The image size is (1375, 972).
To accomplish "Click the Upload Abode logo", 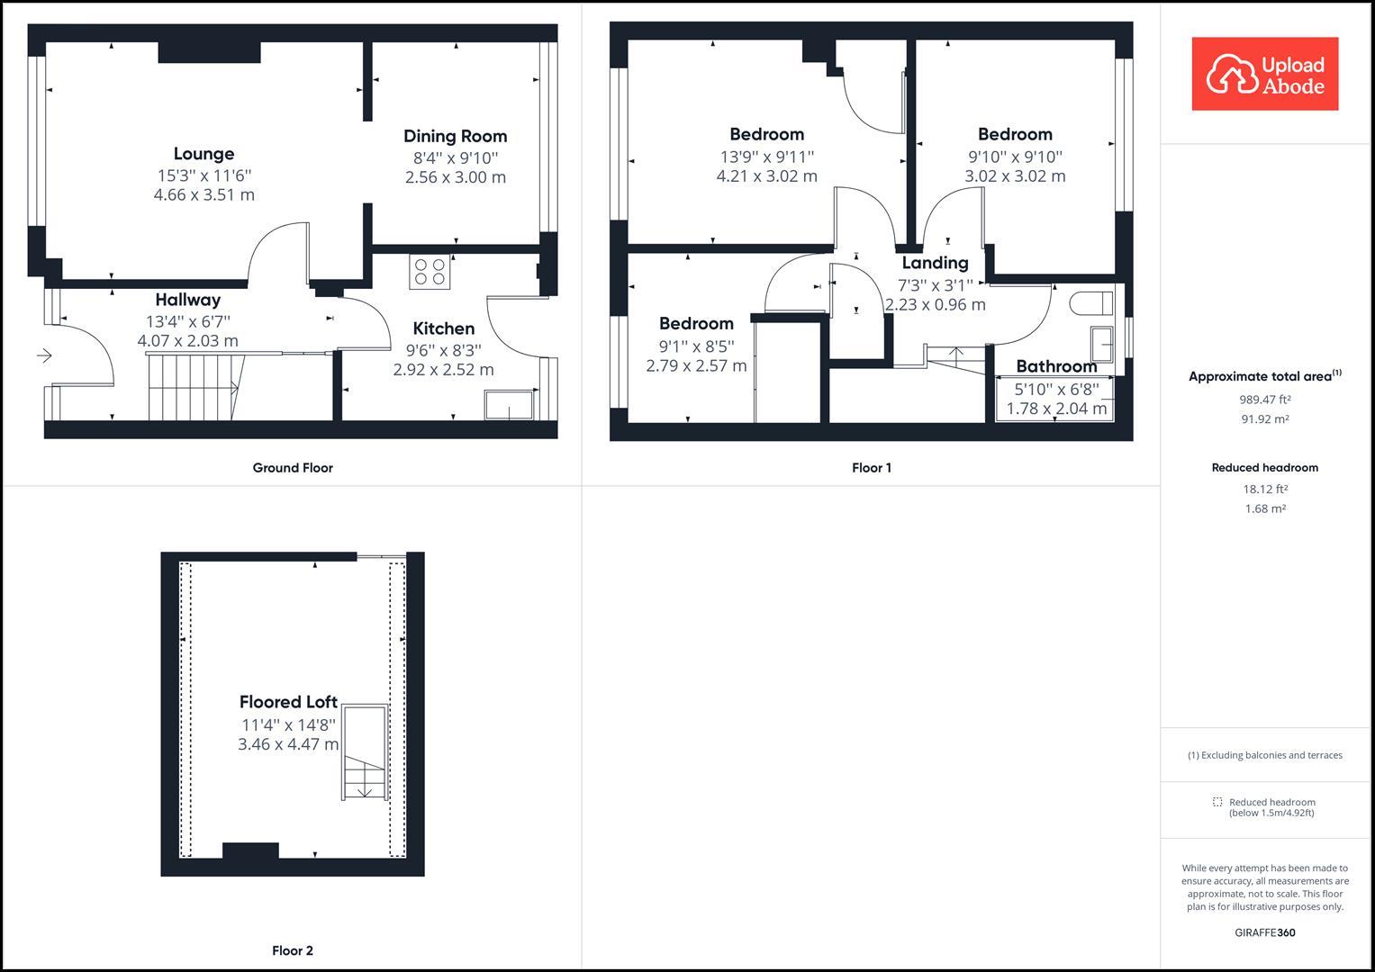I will tap(1264, 74).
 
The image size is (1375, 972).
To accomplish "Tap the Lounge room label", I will tap(204, 154).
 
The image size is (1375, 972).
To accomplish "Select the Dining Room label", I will tap(455, 136).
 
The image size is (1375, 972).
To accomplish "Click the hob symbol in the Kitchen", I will tap(430, 272).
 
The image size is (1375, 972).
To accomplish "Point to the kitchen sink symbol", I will tap(509, 405).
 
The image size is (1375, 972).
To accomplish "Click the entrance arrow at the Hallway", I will tap(44, 356).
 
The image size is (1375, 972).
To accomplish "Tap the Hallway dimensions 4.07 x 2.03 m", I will tap(187, 341).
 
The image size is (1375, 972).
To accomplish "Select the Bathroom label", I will tap(1056, 366).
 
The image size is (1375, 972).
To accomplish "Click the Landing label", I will tap(935, 263).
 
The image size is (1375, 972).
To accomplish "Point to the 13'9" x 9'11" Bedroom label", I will tap(766, 134).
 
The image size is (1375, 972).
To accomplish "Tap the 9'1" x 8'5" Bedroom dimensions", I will tap(696, 355).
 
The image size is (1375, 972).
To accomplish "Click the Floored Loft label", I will tap(288, 702).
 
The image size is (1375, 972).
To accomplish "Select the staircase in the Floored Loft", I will tap(365, 753).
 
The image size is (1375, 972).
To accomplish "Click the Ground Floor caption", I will tap(293, 468).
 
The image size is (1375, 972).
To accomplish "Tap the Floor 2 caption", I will tap(293, 950).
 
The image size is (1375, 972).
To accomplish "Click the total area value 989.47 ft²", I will tap(1264, 400).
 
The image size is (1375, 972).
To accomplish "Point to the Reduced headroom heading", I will tap(1264, 468).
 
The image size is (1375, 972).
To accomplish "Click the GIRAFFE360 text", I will tap(1264, 932).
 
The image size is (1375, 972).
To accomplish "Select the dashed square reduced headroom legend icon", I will tap(1217, 802).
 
